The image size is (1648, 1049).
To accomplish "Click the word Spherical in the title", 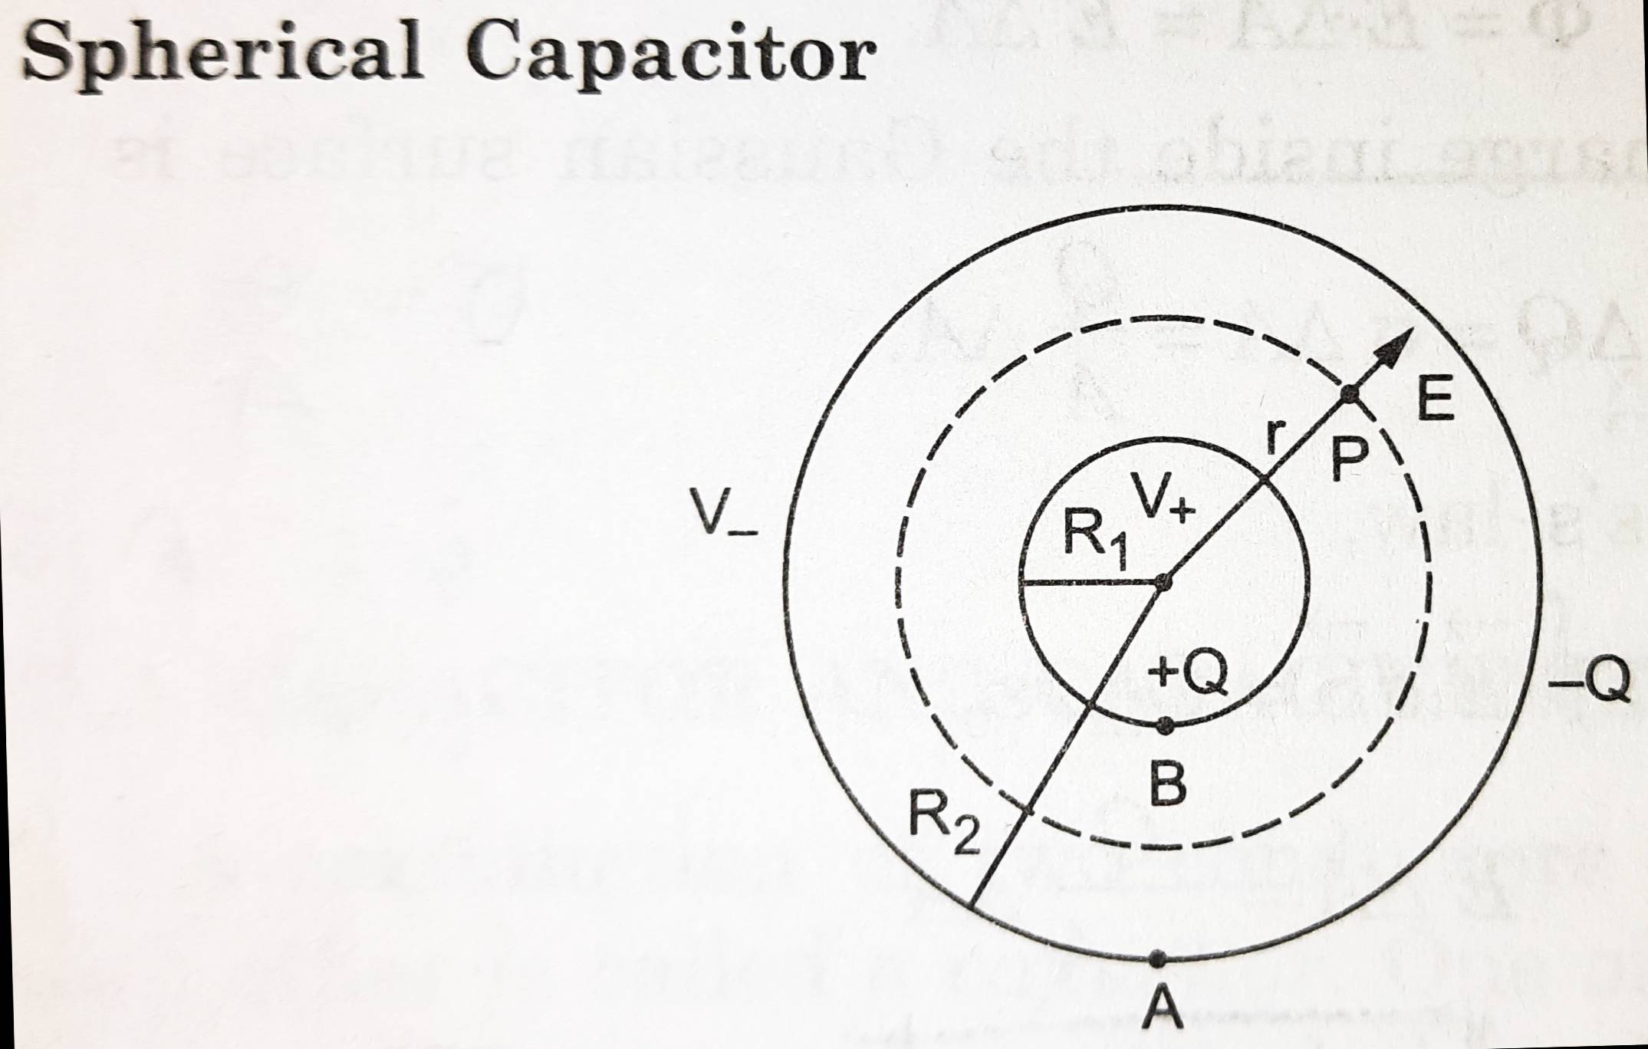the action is tap(222, 49).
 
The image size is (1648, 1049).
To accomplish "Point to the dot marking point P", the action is tap(1350, 394).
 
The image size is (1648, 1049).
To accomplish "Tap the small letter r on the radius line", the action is tap(1275, 436).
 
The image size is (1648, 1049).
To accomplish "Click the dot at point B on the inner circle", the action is tap(1165, 725).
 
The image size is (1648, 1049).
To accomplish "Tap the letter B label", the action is tap(1169, 784).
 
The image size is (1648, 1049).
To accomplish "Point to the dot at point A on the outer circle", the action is tap(1158, 958).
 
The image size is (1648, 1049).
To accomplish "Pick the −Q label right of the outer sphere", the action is tap(1589, 679).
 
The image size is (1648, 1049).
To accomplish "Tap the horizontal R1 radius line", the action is tap(1089, 584).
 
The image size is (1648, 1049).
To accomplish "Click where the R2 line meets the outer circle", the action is tap(972, 908).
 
